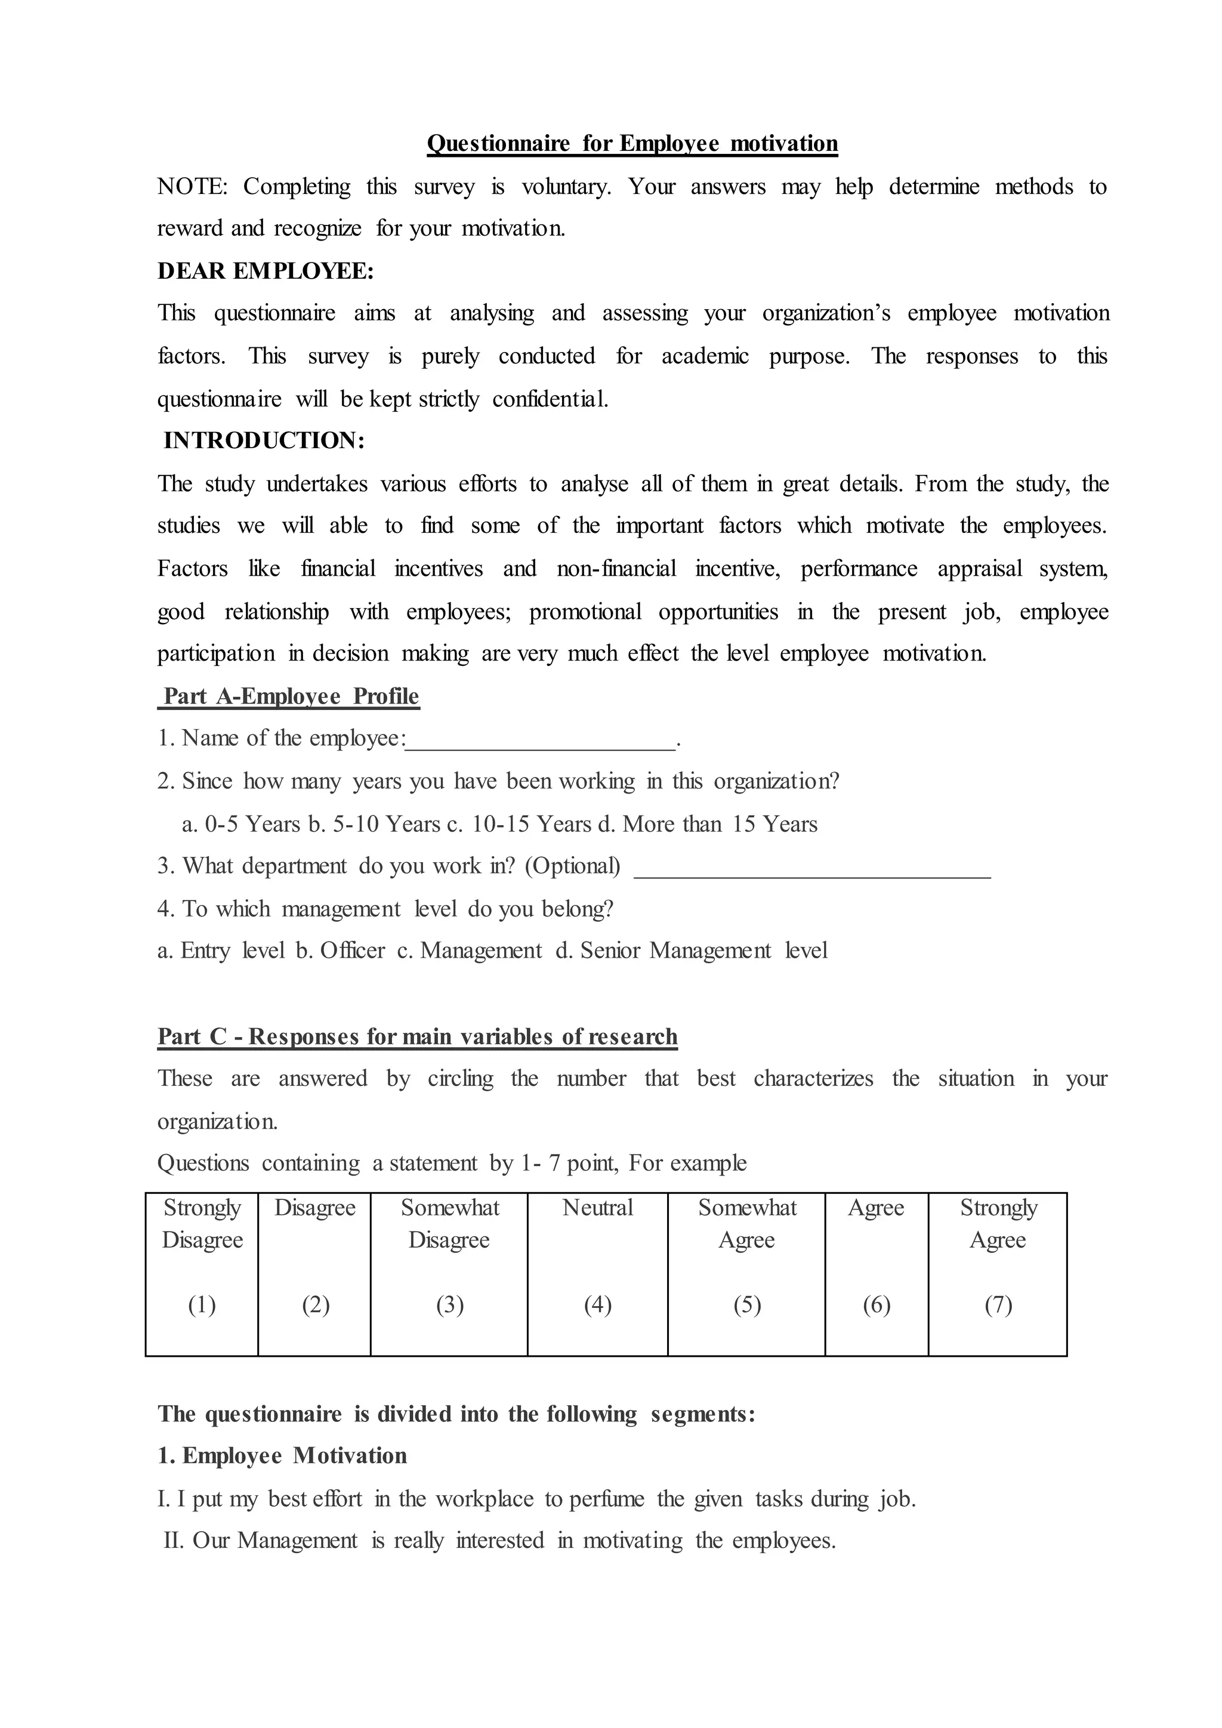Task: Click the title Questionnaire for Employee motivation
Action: pyautogui.click(x=632, y=143)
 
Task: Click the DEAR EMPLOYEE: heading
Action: pyautogui.click(x=265, y=271)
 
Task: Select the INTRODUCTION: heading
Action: pyautogui.click(x=264, y=440)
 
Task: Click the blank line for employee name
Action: pyautogui.click(x=540, y=741)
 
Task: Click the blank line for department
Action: pyautogui.click(x=813, y=869)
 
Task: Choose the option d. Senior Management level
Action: pyautogui.click(x=692, y=951)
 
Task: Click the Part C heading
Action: pyautogui.click(x=418, y=1036)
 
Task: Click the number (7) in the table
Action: pyautogui.click(x=998, y=1304)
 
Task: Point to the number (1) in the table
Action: pyautogui.click(x=202, y=1304)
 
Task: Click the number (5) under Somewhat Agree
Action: pyautogui.click(x=746, y=1304)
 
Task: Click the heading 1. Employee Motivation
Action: pyautogui.click(x=282, y=1455)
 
